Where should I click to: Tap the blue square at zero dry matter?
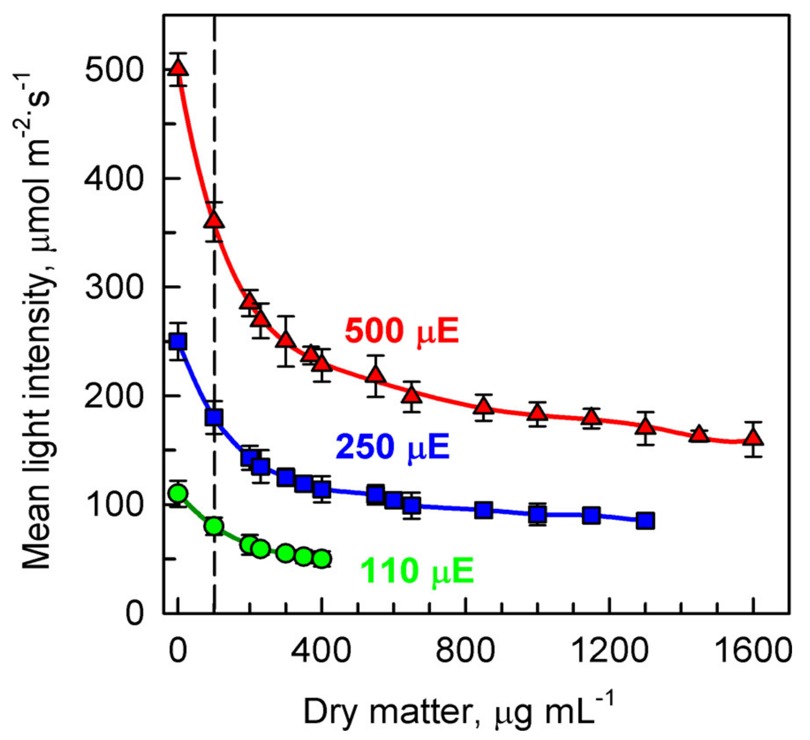click(x=178, y=342)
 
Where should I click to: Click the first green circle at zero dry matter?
click(x=178, y=493)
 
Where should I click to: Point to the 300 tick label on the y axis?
click(x=114, y=287)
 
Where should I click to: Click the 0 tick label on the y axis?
click(x=134, y=614)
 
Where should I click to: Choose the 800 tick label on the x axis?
click(x=465, y=651)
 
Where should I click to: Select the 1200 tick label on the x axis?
click(x=609, y=651)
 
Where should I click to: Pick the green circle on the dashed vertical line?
click(x=214, y=526)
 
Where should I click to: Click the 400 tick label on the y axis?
click(x=114, y=178)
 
